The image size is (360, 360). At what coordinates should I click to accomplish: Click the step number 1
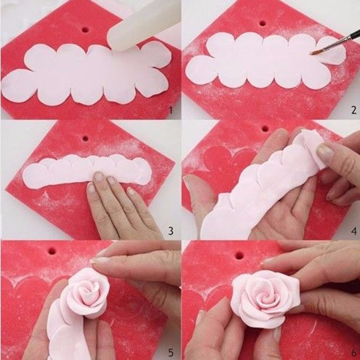coord(171,111)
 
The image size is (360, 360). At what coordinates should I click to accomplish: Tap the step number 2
coord(353,110)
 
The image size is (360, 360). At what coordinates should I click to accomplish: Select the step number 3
coord(171,231)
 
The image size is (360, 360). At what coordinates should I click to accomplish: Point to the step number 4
coord(354,231)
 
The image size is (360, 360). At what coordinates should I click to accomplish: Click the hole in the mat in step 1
coord(85,30)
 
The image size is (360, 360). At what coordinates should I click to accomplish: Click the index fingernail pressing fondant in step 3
coord(99,177)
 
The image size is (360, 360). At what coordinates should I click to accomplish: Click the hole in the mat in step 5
coord(52,251)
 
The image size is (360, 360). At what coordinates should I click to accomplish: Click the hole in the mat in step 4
coord(265,129)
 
